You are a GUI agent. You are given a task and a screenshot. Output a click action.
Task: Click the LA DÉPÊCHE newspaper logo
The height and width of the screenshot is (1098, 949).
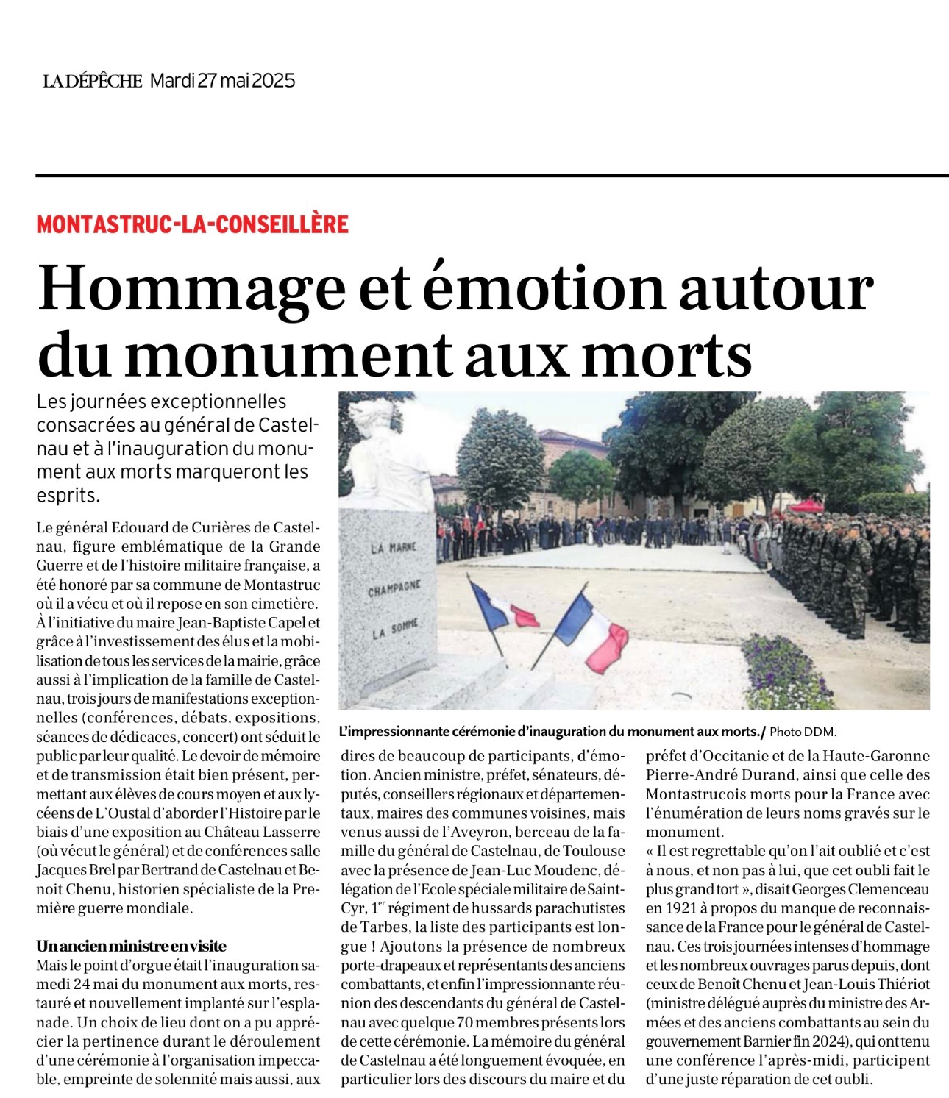(92, 81)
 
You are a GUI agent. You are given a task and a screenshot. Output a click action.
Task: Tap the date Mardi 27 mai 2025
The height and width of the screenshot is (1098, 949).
(222, 81)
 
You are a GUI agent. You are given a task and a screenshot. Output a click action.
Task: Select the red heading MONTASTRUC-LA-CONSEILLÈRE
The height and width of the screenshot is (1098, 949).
(192, 224)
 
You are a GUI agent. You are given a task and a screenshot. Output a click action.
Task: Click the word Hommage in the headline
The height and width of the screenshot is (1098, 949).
(191, 288)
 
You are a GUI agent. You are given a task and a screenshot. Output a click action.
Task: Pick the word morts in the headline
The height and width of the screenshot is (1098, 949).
(670, 355)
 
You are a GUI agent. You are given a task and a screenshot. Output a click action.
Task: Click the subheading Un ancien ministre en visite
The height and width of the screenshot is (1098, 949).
(132, 946)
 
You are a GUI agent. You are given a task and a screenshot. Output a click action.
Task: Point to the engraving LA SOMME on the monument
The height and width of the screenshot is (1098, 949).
(394, 630)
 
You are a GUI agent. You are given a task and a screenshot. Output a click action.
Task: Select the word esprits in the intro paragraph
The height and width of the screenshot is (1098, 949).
(67, 495)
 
